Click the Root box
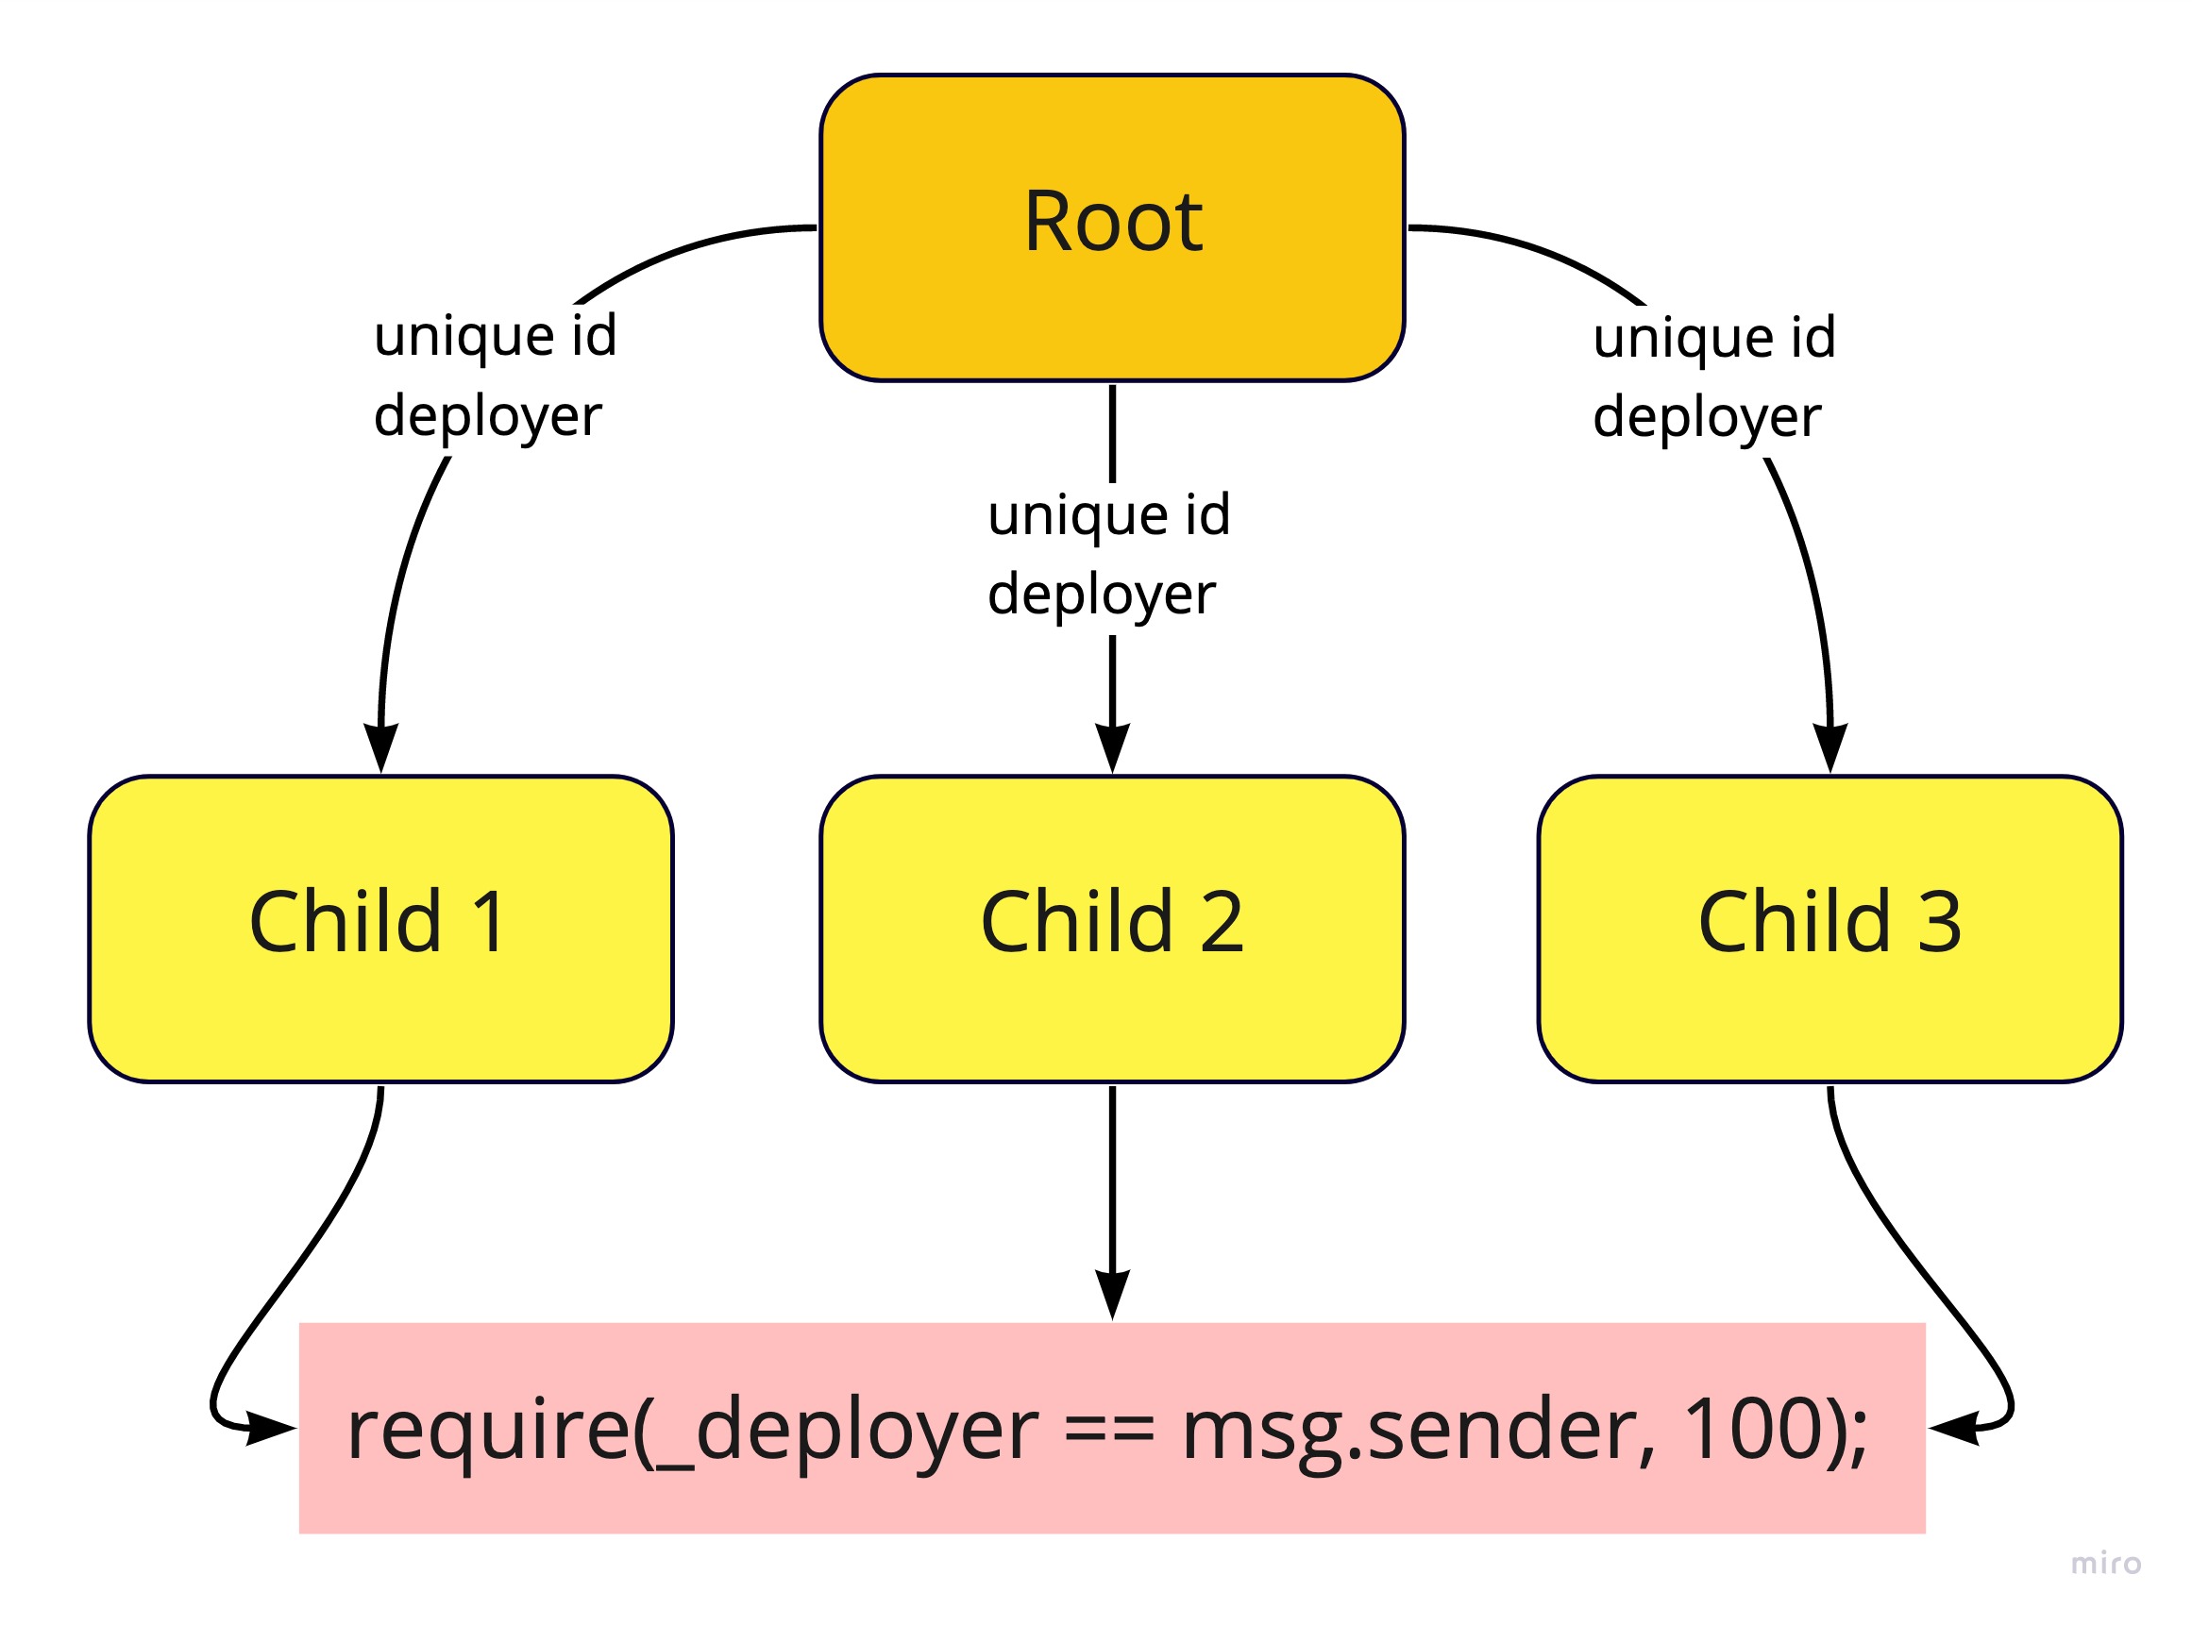(x=1112, y=227)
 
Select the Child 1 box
(x=380, y=929)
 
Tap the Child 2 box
(x=1112, y=929)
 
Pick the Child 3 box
(x=1829, y=929)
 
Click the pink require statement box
(x=1112, y=1429)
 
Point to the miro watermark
(x=2105, y=1563)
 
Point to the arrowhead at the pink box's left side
(x=272, y=1429)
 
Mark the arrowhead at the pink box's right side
(x=1954, y=1429)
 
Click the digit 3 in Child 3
(x=1939, y=923)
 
